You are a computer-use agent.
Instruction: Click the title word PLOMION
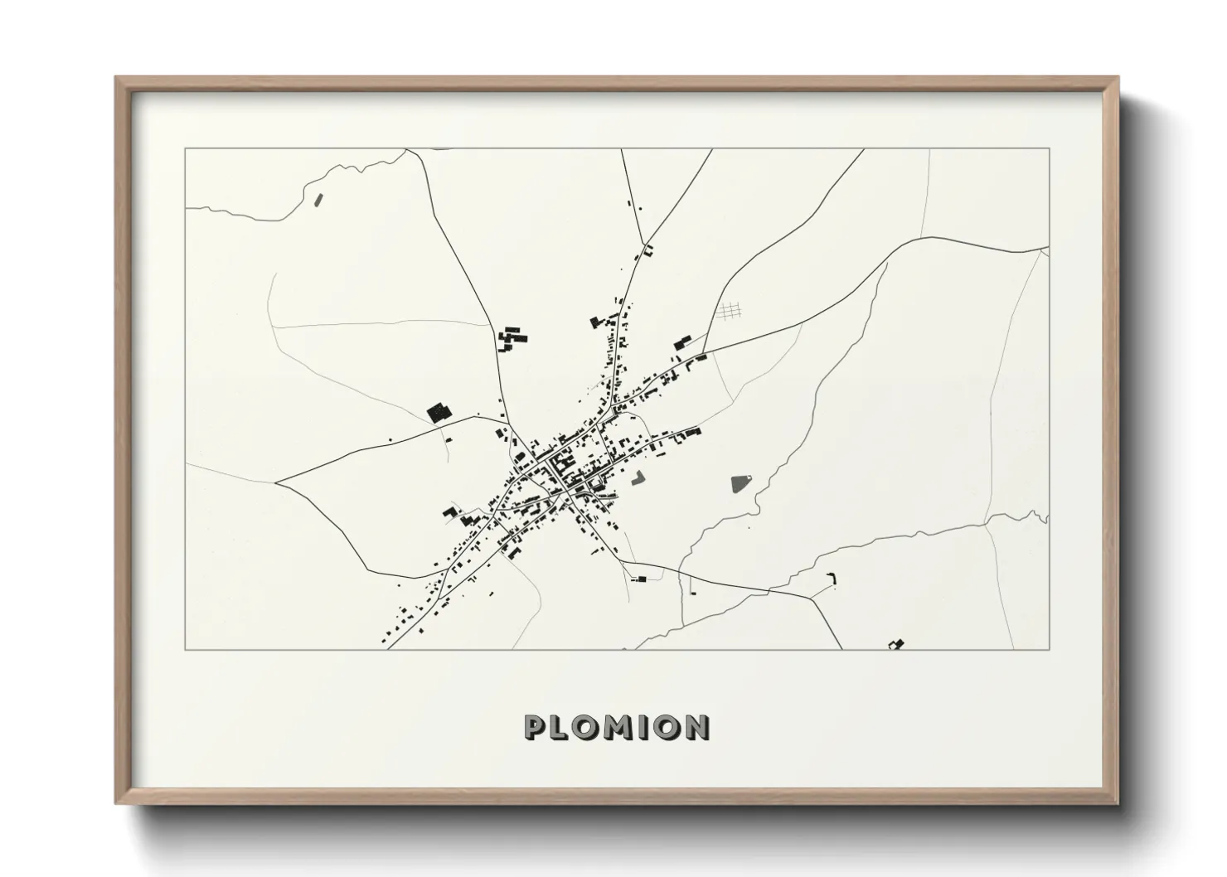point(616,728)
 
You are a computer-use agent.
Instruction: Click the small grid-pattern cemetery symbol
point(728,311)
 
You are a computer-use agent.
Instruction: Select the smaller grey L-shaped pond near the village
point(638,477)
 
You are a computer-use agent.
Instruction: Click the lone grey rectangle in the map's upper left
point(318,199)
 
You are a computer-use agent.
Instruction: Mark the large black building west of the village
point(437,411)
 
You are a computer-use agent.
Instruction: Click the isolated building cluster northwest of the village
point(512,340)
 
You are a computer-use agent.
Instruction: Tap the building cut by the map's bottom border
point(895,644)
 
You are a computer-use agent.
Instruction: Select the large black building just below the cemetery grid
point(682,342)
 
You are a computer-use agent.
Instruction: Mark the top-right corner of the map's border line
point(1050,148)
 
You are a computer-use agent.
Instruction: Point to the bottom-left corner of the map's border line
point(185,650)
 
